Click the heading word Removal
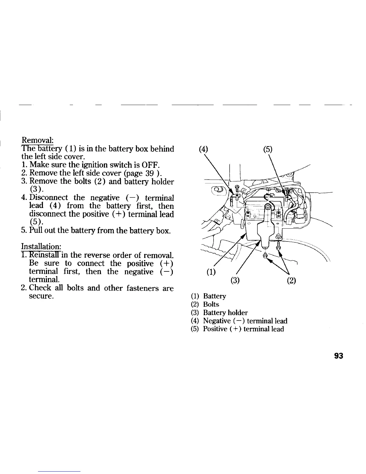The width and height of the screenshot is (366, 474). (x=37, y=140)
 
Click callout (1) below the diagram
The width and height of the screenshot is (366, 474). (x=212, y=273)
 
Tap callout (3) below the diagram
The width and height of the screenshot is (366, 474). (x=235, y=281)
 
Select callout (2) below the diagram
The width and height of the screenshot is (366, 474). (x=291, y=281)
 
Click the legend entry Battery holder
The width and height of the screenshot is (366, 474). (x=225, y=313)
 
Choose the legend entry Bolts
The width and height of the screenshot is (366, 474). (x=211, y=304)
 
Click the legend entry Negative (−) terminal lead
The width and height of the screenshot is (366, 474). (x=245, y=321)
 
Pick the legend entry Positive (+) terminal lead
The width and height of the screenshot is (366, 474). (x=243, y=329)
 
